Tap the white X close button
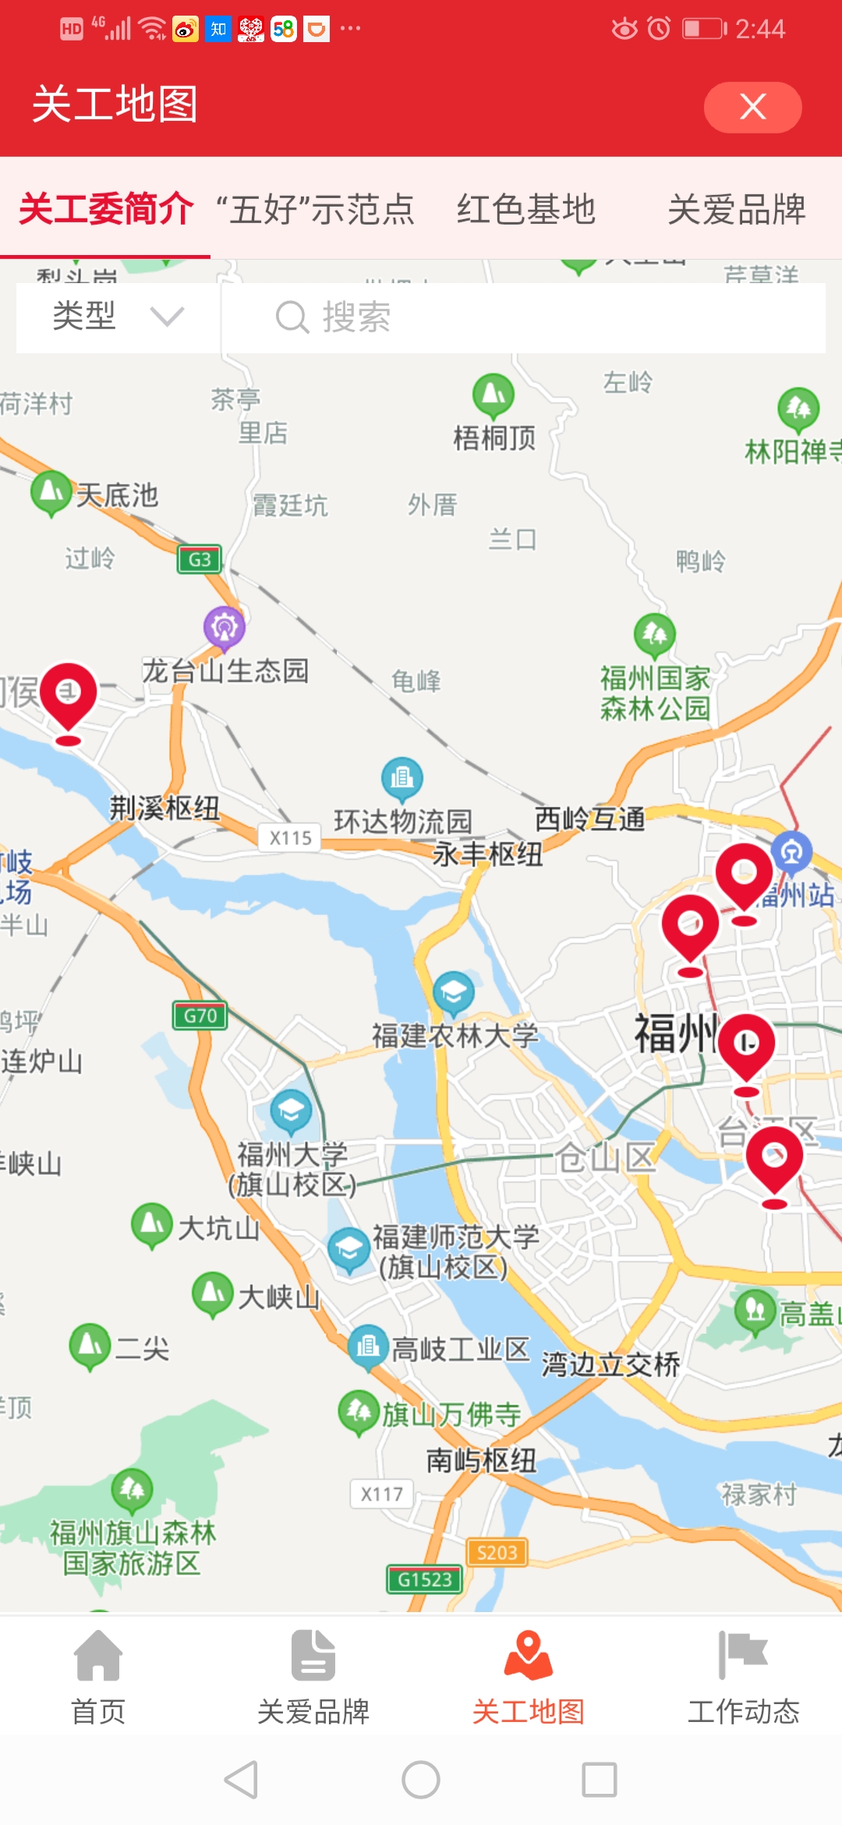pyautogui.click(x=752, y=107)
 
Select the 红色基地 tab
pyautogui.click(x=526, y=209)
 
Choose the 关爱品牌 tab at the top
pyautogui.click(x=736, y=209)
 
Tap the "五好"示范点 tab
pyautogui.click(x=315, y=209)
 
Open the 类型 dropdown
pyautogui.click(x=117, y=317)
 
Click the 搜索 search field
pyautogui.click(x=522, y=317)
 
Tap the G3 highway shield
pyautogui.click(x=200, y=559)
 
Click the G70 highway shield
pyautogui.click(x=200, y=1015)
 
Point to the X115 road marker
pyautogui.click(x=290, y=838)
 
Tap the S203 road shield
pyautogui.click(x=497, y=1552)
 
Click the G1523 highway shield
pyautogui.click(x=425, y=1579)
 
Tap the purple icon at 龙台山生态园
pyautogui.click(x=225, y=627)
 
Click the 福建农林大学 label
pyautogui.click(x=455, y=1036)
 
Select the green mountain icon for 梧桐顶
pyautogui.click(x=494, y=395)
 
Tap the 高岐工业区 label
pyautogui.click(x=460, y=1348)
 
